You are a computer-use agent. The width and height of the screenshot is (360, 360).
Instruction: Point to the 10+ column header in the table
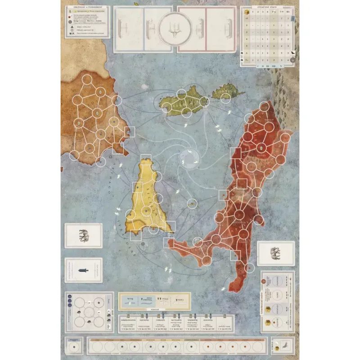point(288,13)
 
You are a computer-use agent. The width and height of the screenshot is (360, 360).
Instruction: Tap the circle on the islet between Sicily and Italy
point(192,204)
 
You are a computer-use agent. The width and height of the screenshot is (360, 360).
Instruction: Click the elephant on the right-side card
point(275,255)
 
